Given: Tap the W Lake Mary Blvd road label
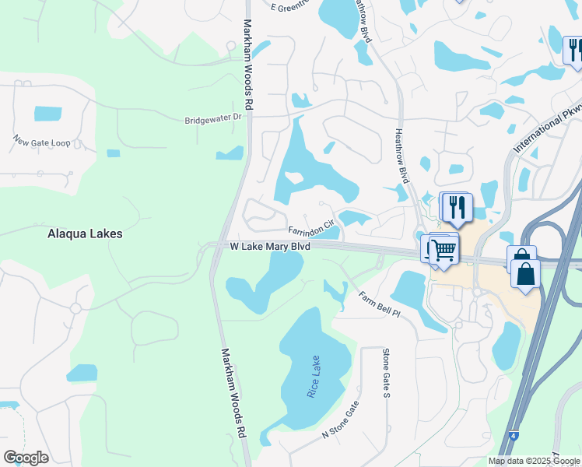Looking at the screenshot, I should tap(270, 246).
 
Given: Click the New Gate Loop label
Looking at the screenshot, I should tap(41, 142).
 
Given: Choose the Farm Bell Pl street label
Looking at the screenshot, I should tap(379, 304).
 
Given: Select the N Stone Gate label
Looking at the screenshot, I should tap(342, 420).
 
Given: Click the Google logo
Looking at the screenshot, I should tap(26, 457).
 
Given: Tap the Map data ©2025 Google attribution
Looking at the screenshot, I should tap(534, 461).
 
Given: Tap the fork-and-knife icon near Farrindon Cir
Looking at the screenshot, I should tap(457, 207).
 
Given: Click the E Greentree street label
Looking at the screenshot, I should tap(290, 6).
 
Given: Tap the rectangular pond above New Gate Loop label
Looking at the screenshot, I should tap(47, 114).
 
